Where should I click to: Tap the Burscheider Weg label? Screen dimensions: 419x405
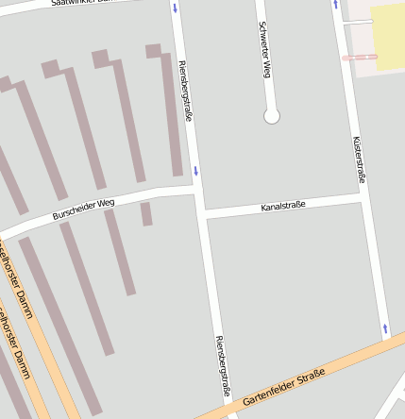pos(83,209)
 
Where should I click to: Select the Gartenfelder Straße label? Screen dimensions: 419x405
pos(283,388)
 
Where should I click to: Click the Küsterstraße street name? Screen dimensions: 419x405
pos(358,159)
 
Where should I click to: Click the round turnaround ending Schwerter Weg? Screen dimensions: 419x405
pos(272,116)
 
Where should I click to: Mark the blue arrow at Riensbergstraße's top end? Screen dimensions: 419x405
pos(175,8)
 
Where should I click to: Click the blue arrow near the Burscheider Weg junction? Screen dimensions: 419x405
pos(195,171)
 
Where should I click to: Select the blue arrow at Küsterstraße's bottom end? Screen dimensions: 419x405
pos(385,329)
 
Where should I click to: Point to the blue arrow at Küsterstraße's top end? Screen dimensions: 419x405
pos(335,5)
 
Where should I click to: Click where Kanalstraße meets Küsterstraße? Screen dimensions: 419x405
pos(363,196)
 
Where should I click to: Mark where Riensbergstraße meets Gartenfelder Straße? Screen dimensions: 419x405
pos(229,408)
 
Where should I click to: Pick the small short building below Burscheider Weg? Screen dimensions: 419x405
pos(146,214)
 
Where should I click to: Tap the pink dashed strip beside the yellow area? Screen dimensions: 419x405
pos(359,58)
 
